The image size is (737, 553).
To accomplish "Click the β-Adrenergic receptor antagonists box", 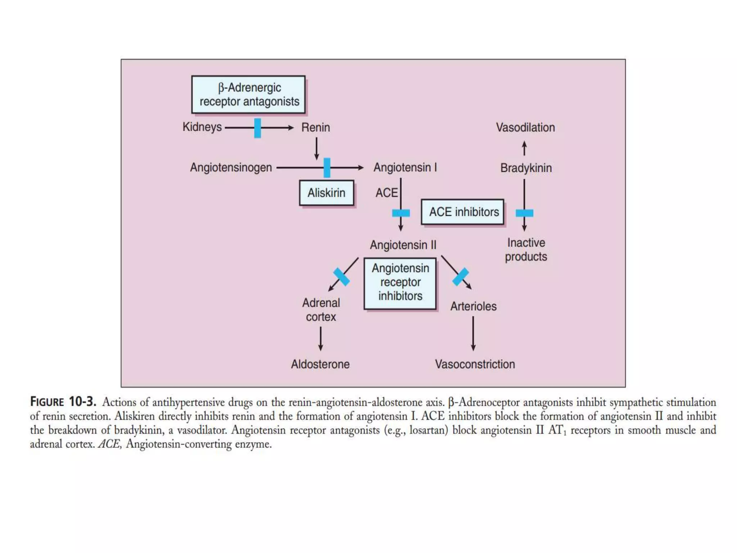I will pyautogui.click(x=248, y=95).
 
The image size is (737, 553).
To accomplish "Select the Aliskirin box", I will pyautogui.click(x=326, y=193).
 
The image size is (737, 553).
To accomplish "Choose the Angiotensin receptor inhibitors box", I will pyautogui.click(x=400, y=283).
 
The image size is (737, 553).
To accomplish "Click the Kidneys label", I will pyautogui.click(x=202, y=127).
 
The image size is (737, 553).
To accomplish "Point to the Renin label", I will pyautogui.click(x=315, y=127).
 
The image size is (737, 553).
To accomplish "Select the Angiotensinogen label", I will pyautogui.click(x=231, y=167).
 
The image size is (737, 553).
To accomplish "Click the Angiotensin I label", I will pyautogui.click(x=405, y=167).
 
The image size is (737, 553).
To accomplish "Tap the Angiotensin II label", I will pyautogui.click(x=403, y=245).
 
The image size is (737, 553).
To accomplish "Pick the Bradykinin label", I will pyautogui.click(x=526, y=168).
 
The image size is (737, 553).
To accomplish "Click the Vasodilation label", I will pyautogui.click(x=525, y=127).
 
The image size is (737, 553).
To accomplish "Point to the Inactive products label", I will pyautogui.click(x=526, y=249).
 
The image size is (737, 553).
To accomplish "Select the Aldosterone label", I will pyautogui.click(x=320, y=364).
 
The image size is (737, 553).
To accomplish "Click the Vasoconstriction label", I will pyautogui.click(x=475, y=364).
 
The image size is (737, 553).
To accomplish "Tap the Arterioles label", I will pyautogui.click(x=473, y=306).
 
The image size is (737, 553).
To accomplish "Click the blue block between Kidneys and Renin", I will pyautogui.click(x=258, y=128).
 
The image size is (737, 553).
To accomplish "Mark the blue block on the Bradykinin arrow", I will pyautogui.click(x=524, y=213).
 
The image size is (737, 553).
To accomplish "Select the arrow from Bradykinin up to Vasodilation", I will pyautogui.click(x=524, y=148).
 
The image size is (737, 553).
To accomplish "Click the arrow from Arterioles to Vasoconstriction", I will pyautogui.click(x=473, y=333).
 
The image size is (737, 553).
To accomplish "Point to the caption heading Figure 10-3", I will pyautogui.click(x=63, y=401).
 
